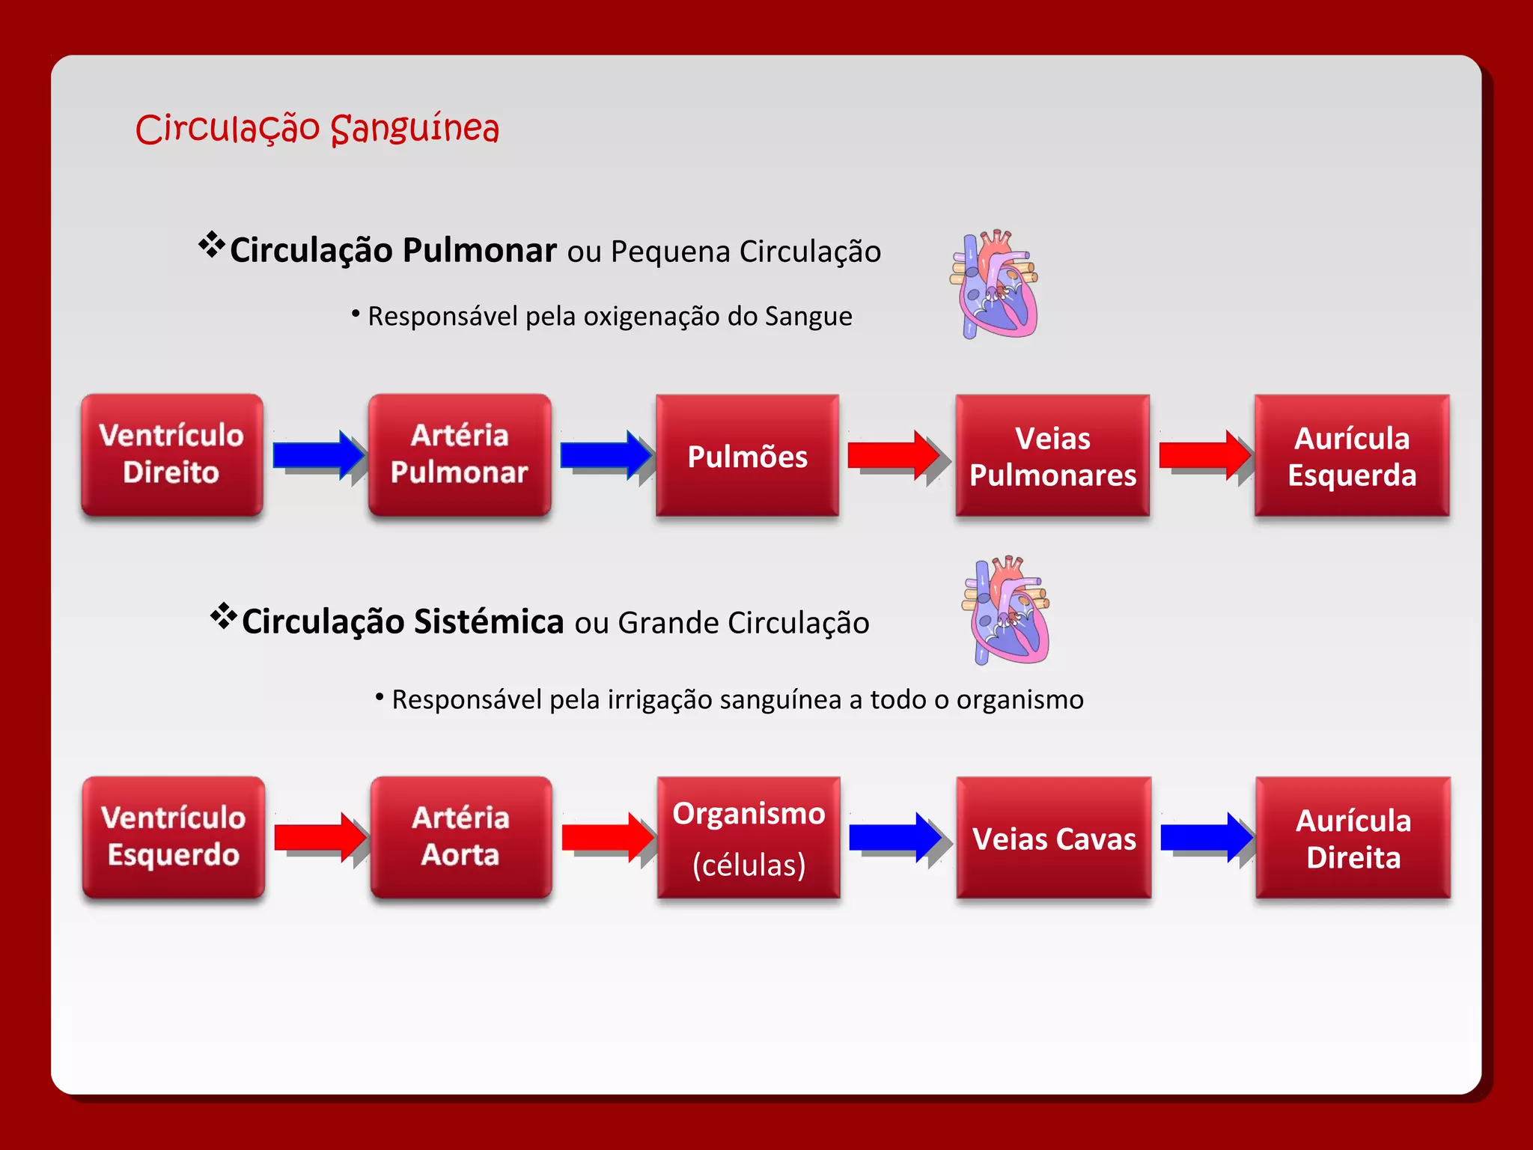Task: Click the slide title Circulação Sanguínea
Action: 317,128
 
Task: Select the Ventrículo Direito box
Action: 172,454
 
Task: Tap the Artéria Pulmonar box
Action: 460,454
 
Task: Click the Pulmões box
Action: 747,456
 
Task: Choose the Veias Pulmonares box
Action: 1052,456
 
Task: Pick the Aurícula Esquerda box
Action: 1352,456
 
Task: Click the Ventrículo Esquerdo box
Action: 174,837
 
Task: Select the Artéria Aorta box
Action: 461,837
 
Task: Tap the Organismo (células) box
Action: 749,838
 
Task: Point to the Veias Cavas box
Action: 1054,838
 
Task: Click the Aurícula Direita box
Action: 1353,838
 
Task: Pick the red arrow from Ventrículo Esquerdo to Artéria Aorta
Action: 317,837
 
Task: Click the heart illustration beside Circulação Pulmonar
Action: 996,285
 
